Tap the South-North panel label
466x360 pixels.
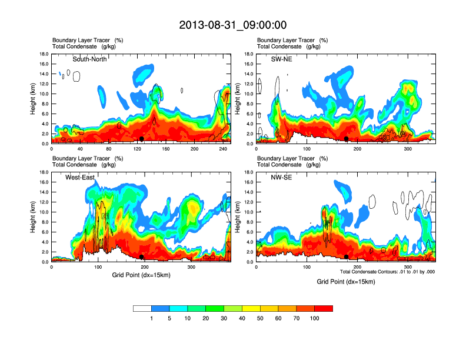click(89, 59)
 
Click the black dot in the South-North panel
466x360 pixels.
click(142, 139)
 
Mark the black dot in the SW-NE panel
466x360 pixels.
click(347, 139)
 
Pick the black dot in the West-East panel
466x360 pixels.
click(142, 257)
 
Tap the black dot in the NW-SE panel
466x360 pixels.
click(347, 257)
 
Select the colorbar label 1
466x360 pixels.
click(152, 318)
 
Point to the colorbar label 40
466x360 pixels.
click(242, 318)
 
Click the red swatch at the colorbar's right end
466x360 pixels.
click(324, 308)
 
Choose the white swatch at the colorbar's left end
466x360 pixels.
click(142, 308)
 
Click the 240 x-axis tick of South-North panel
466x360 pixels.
click(223, 149)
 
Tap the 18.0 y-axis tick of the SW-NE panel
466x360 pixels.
click(250, 54)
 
